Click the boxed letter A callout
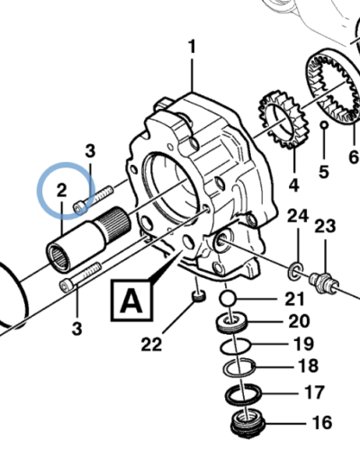[x=131, y=301]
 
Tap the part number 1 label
[x=192, y=47]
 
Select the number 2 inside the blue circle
[x=62, y=190]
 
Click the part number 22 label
[x=151, y=344]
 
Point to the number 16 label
[x=322, y=422]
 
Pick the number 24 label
[x=298, y=216]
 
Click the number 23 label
[x=325, y=226]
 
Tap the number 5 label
[x=324, y=172]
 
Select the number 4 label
[x=294, y=185]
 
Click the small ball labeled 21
[x=228, y=299]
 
